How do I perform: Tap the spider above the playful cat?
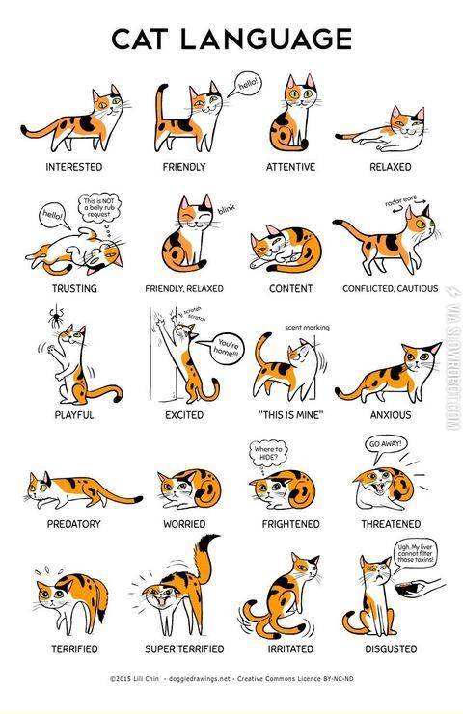tap(57, 316)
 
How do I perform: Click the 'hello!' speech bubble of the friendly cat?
tap(248, 84)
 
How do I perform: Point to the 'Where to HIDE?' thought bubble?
tap(268, 454)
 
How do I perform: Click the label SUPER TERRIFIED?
tap(184, 648)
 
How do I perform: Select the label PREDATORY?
tap(74, 524)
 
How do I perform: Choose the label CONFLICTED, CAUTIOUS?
tap(391, 289)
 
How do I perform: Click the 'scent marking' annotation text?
tap(307, 327)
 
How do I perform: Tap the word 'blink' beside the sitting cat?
tap(227, 209)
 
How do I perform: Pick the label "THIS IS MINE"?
tap(290, 415)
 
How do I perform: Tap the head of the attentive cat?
tap(301, 93)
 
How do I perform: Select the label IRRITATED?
tap(290, 648)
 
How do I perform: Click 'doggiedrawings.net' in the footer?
tap(199, 679)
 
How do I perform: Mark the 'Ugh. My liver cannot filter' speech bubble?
tap(416, 554)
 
